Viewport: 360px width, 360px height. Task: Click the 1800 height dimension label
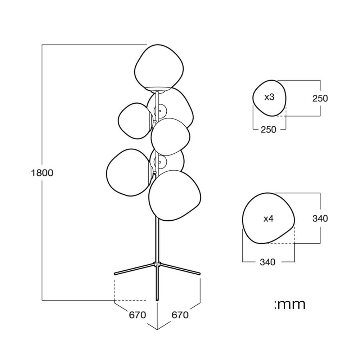[42, 173]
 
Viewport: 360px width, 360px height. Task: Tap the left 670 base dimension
[137, 315]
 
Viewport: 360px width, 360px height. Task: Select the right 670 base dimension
[180, 315]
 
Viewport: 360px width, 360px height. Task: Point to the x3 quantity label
[269, 97]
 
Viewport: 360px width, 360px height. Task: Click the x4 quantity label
[269, 219]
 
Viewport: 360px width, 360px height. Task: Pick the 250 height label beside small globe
[320, 98]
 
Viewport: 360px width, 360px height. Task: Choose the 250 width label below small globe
[269, 130]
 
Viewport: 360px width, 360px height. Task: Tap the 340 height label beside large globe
[320, 219]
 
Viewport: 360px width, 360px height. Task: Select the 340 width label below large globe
[267, 262]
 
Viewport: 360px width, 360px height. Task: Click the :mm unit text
[290, 305]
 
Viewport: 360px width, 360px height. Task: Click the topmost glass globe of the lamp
[159, 67]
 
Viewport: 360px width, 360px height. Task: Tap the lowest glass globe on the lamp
[175, 195]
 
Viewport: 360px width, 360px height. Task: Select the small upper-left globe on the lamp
[135, 121]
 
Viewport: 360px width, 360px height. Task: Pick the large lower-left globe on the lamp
[129, 173]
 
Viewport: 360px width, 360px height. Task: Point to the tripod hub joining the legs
[157, 264]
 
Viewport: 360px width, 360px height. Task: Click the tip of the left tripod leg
[115, 274]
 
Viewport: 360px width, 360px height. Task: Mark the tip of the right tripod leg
[199, 274]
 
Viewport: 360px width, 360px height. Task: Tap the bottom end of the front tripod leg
[157, 300]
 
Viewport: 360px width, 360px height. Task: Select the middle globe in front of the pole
[170, 137]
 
